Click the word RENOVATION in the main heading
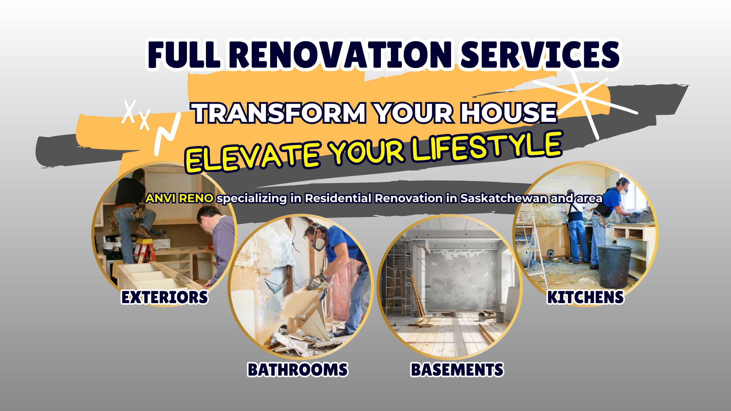341,55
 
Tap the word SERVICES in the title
540,55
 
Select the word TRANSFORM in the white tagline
279,113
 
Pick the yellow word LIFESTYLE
487,146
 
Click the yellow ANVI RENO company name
179,198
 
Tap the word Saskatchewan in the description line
504,198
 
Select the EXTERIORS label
165,297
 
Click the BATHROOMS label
298,370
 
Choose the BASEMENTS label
457,370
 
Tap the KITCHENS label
585,297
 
